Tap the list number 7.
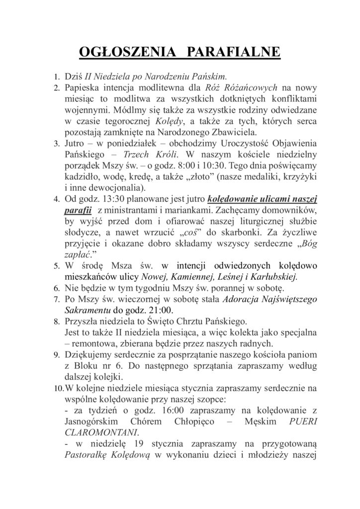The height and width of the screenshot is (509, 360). [56, 299]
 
